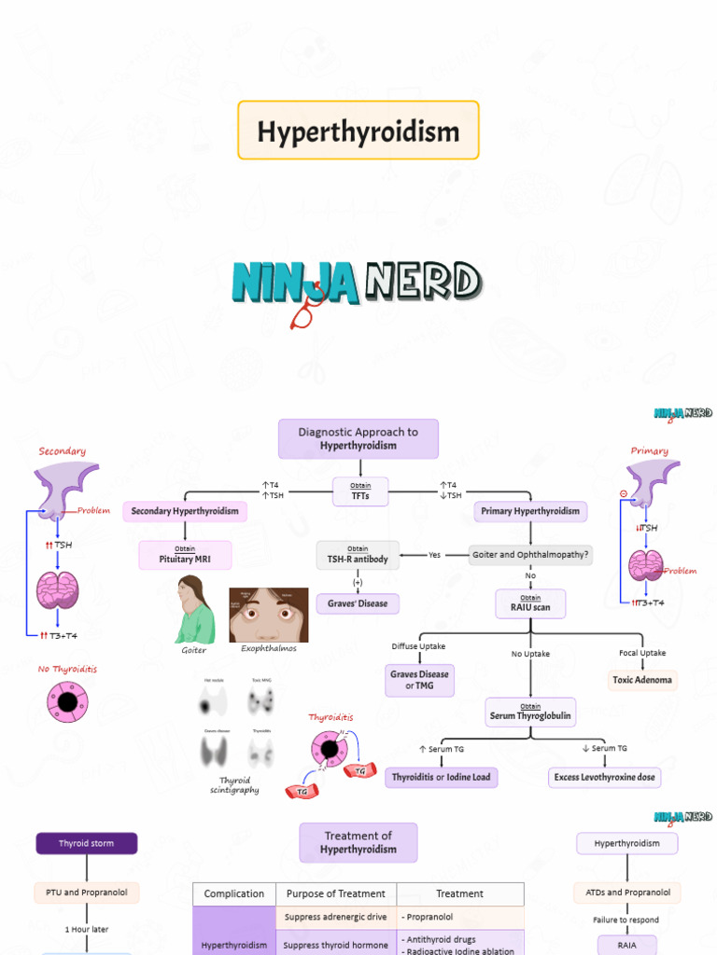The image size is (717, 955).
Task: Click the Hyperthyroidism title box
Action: [358, 131]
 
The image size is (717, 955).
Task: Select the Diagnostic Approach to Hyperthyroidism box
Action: [358, 439]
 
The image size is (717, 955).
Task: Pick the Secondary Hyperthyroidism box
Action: [185, 511]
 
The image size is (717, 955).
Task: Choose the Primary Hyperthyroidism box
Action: [530, 511]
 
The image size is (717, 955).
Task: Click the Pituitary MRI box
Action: [185, 555]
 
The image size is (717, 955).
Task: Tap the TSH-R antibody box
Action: [358, 555]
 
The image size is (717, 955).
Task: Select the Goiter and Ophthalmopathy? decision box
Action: [531, 554]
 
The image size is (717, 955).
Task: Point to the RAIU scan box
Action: [530, 603]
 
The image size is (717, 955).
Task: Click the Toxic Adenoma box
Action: [643, 680]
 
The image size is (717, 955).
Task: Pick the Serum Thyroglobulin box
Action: [530, 712]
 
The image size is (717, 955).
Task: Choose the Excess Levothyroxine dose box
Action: [604, 777]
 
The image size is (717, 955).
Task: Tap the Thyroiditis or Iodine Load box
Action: [441, 777]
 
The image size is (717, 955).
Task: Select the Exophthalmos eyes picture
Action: [269, 615]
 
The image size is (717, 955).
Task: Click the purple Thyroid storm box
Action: [87, 843]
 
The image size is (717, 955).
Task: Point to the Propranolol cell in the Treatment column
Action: [459, 917]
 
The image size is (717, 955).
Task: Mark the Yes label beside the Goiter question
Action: [434, 555]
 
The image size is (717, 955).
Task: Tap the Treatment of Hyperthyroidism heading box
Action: [358, 842]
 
